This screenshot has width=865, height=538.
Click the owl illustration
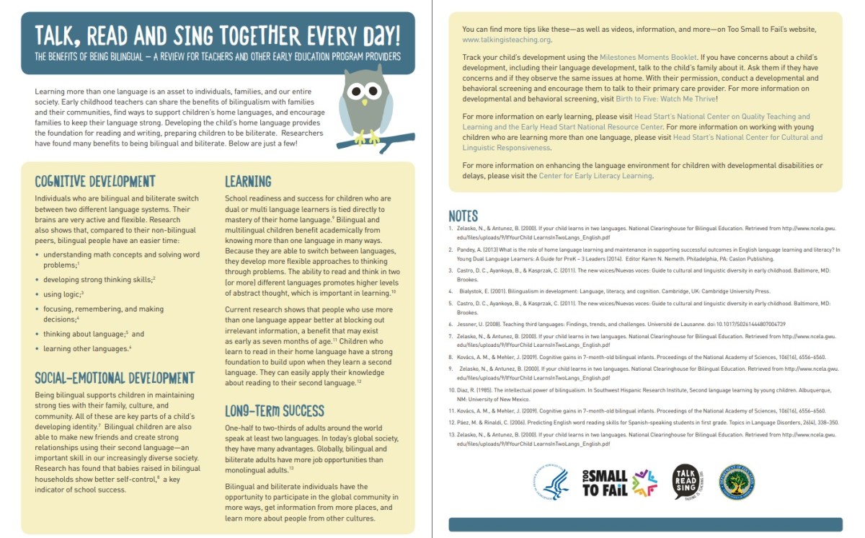365,105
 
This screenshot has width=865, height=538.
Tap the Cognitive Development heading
94,181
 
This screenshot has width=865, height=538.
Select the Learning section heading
248,181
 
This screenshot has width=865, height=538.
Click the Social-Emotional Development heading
115,378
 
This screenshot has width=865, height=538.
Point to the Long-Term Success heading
275,411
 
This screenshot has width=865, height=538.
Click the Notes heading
463,216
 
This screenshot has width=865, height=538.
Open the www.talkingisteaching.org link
507,40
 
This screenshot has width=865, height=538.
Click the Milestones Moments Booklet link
648,57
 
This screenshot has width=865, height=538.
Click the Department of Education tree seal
737,482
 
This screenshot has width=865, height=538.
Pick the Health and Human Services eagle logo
551,482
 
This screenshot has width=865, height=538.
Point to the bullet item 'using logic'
63,294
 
